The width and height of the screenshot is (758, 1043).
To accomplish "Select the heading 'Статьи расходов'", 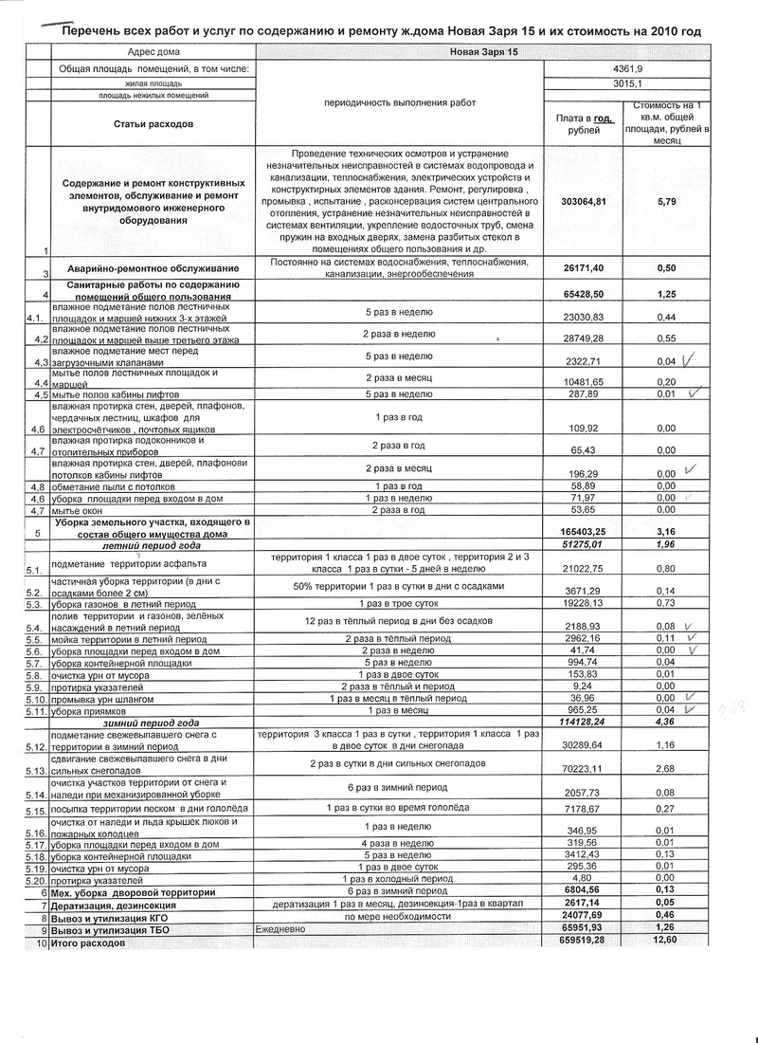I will pyautogui.click(x=153, y=124).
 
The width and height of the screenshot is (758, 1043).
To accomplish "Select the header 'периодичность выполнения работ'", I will pyautogui.click(x=399, y=101).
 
